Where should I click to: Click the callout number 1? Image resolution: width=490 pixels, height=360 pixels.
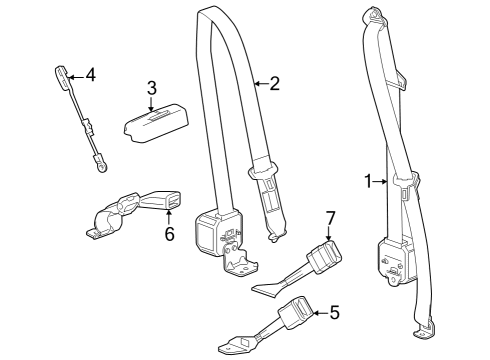click(x=369, y=181)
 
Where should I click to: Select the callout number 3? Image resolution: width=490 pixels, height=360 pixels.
click(x=151, y=89)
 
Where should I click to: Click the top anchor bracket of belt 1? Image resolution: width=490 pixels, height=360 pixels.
click(x=379, y=16)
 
